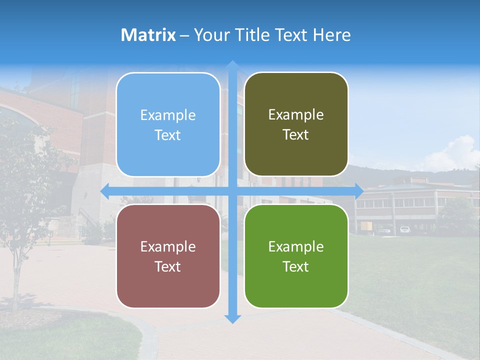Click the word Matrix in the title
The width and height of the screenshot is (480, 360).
148,35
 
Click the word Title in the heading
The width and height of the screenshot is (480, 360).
252,35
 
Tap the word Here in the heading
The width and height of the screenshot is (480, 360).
331,35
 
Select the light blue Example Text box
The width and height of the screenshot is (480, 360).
168,124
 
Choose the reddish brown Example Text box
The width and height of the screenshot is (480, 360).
168,256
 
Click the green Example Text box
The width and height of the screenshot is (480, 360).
296,256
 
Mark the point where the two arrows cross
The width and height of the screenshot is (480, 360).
232,191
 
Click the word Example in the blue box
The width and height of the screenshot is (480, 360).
168,115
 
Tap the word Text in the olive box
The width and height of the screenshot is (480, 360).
296,135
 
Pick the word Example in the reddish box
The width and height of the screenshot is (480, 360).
168,247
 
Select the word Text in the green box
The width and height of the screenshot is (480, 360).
296,266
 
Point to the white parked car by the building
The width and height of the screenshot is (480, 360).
404,229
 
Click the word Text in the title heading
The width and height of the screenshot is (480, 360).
289,35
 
